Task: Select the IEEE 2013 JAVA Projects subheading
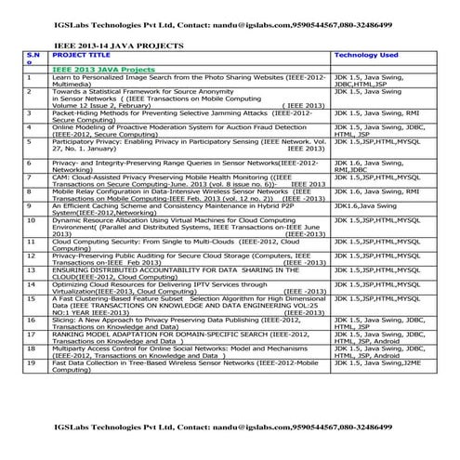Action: pyautogui.click(x=102, y=70)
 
